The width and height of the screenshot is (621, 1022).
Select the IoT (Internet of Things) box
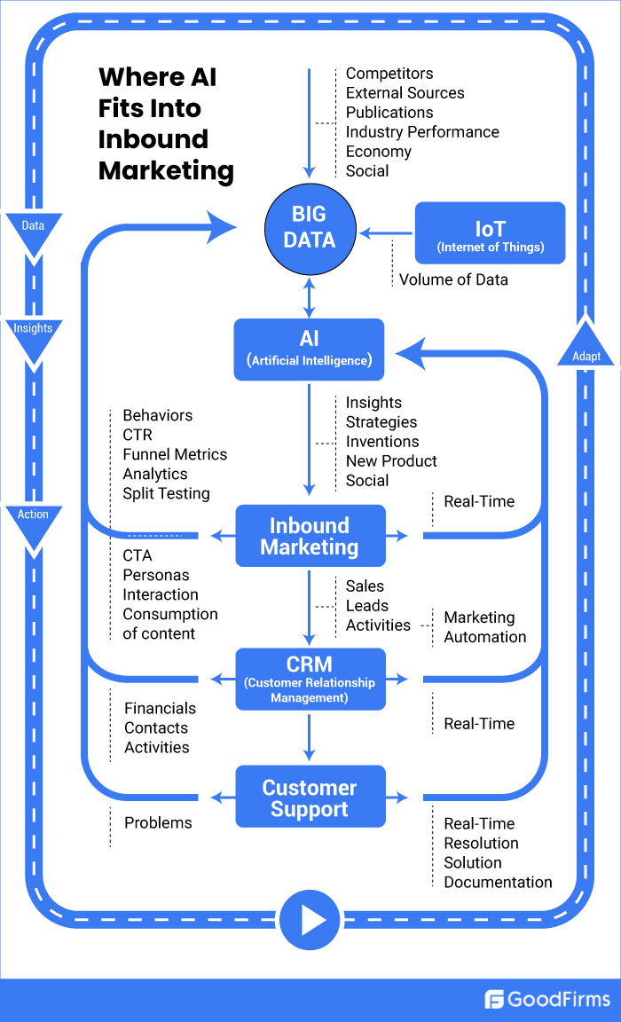pyautogui.click(x=490, y=233)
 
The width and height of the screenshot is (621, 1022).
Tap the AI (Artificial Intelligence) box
pyautogui.click(x=309, y=350)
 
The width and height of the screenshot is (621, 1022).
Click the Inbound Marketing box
pyautogui.click(x=310, y=536)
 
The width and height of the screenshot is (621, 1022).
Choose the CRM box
pyautogui.click(x=310, y=679)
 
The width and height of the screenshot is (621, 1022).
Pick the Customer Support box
pyautogui.click(x=310, y=797)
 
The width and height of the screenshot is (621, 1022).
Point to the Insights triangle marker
pyautogui.click(x=33, y=334)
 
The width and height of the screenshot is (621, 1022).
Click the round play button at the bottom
pyautogui.click(x=310, y=920)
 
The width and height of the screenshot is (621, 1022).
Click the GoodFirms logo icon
pyautogui.click(x=494, y=1000)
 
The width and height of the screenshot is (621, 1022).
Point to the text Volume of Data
pyautogui.click(x=453, y=279)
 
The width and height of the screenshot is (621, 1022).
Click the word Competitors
pyautogui.click(x=389, y=74)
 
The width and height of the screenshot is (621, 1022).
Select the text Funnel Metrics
pyautogui.click(x=175, y=454)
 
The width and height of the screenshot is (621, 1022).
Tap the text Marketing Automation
pyautogui.click(x=484, y=627)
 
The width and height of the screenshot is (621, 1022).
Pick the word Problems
pyautogui.click(x=158, y=822)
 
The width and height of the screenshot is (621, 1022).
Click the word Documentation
pyautogui.click(x=498, y=882)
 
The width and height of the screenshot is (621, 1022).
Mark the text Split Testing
pyautogui.click(x=166, y=493)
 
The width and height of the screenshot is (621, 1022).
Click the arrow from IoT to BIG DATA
pyautogui.click(x=387, y=233)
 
